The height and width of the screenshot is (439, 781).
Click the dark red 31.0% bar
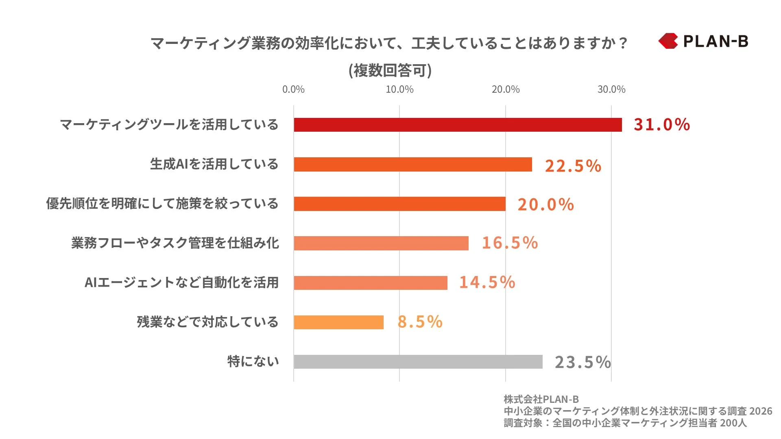point(458,125)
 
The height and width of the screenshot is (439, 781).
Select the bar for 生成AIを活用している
point(413,164)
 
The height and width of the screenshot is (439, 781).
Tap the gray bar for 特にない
point(418,362)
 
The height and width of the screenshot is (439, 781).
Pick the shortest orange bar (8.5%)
point(338,322)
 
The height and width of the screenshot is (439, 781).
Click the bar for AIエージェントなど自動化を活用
point(371,283)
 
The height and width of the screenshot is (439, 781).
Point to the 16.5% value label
point(510,243)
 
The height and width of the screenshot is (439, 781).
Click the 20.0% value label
point(545,204)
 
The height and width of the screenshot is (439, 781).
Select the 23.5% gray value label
point(582,362)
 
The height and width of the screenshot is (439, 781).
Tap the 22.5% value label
point(573,166)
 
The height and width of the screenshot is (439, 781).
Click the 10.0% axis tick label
point(399,89)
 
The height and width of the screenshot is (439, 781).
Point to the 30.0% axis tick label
point(611,89)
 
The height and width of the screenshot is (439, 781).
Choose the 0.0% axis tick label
point(293,89)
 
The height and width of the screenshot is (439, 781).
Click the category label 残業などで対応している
point(207,322)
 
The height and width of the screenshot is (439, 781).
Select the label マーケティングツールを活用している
point(169,124)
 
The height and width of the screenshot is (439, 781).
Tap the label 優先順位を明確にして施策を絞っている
point(162,203)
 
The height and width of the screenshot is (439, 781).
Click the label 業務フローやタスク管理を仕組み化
point(175,243)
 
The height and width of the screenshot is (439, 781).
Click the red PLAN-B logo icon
point(668,41)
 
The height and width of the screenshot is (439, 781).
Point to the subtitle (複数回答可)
point(390,70)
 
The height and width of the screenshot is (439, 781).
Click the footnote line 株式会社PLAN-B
point(541,399)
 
